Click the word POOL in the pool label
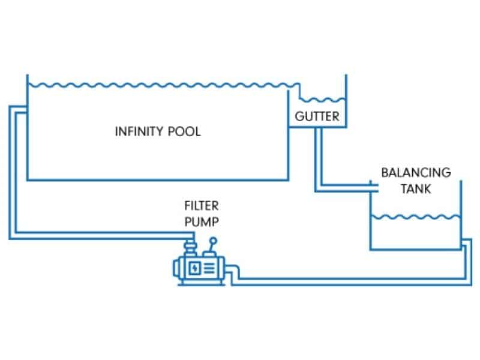[184, 131]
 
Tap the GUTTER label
[317, 116]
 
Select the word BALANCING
[416, 173]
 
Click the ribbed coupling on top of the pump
[190, 245]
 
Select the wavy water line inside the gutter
[321, 99]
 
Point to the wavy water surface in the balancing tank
[415, 216]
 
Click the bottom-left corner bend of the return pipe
[12, 235]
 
